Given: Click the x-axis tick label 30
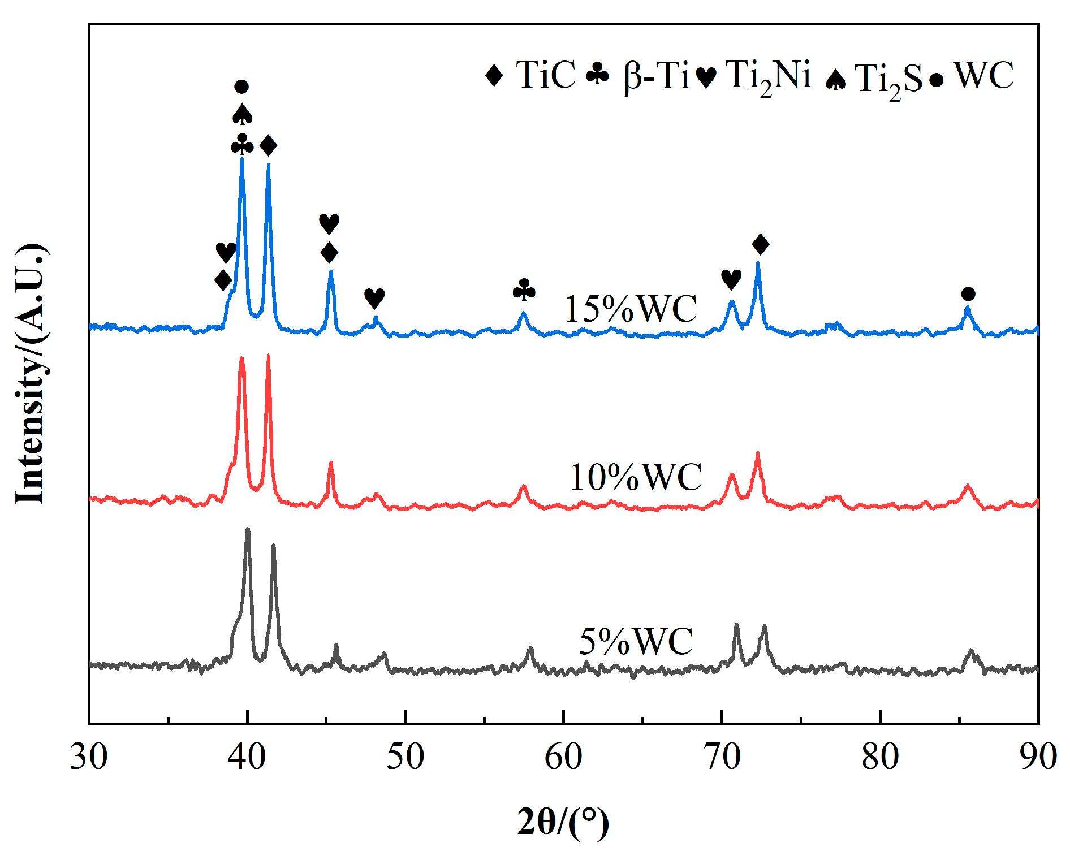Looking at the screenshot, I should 89,757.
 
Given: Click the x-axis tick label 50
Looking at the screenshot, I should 405,757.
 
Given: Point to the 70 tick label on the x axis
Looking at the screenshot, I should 722,757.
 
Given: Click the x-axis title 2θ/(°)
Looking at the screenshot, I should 563,822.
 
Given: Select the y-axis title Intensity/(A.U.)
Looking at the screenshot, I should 31,373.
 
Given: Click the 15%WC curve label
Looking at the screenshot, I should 631,309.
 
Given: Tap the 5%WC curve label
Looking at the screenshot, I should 636,641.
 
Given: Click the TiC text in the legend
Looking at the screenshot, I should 545,75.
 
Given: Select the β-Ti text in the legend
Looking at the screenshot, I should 657,76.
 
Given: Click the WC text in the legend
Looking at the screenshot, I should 983,75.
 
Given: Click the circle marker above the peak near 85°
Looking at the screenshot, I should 968,294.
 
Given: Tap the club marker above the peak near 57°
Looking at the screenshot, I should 524,289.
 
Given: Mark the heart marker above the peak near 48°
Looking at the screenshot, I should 374,297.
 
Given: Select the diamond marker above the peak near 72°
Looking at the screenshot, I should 761,244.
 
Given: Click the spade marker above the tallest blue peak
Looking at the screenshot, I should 243,114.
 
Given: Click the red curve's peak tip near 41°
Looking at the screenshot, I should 268,355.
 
